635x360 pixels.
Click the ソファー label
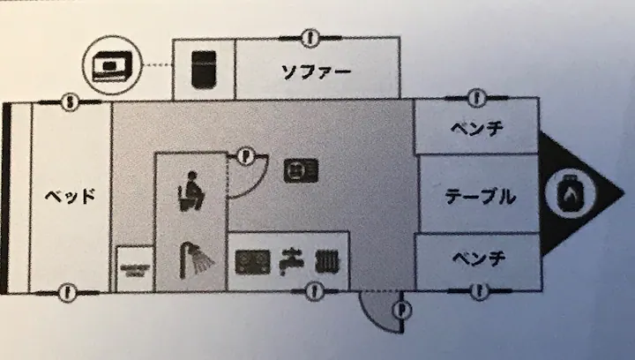click(x=316, y=72)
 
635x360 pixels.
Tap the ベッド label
click(x=70, y=197)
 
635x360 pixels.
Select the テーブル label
click(x=481, y=197)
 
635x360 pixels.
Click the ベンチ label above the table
click(x=477, y=129)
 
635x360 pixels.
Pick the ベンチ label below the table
click(x=479, y=258)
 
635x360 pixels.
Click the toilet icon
click(x=191, y=191)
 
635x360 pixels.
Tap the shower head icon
click(x=196, y=260)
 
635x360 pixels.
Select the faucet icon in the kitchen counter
click(x=292, y=262)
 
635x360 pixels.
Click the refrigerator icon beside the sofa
click(x=204, y=70)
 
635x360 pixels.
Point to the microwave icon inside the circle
click(x=108, y=65)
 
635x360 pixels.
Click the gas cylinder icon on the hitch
click(x=571, y=193)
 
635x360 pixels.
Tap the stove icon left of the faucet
click(x=253, y=262)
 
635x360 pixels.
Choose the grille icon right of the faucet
click(x=327, y=261)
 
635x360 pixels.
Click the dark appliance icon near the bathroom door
click(x=301, y=171)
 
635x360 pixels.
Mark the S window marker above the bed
click(x=70, y=102)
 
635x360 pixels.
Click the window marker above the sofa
click(x=310, y=39)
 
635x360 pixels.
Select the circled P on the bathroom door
click(x=244, y=155)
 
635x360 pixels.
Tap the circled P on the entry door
click(x=402, y=311)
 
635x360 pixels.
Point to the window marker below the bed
click(x=68, y=292)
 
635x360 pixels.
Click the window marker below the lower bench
click(x=480, y=291)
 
